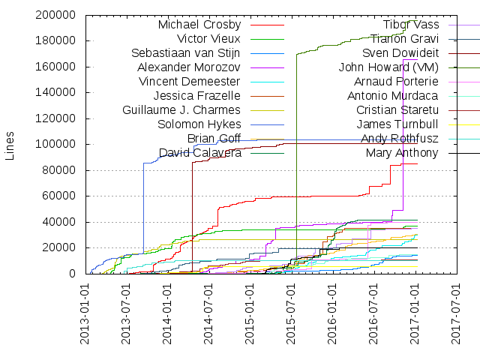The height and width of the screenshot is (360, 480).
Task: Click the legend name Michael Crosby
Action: tap(199, 25)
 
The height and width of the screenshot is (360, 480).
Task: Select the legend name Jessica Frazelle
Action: tap(196, 96)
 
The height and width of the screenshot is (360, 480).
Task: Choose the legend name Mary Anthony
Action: tap(402, 153)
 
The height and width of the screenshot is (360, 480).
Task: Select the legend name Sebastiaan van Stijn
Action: tap(186, 53)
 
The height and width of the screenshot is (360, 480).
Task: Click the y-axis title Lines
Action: tap(10, 145)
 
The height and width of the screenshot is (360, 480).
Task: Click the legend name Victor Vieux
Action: tap(208, 39)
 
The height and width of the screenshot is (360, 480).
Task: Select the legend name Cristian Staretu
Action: tap(397, 110)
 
